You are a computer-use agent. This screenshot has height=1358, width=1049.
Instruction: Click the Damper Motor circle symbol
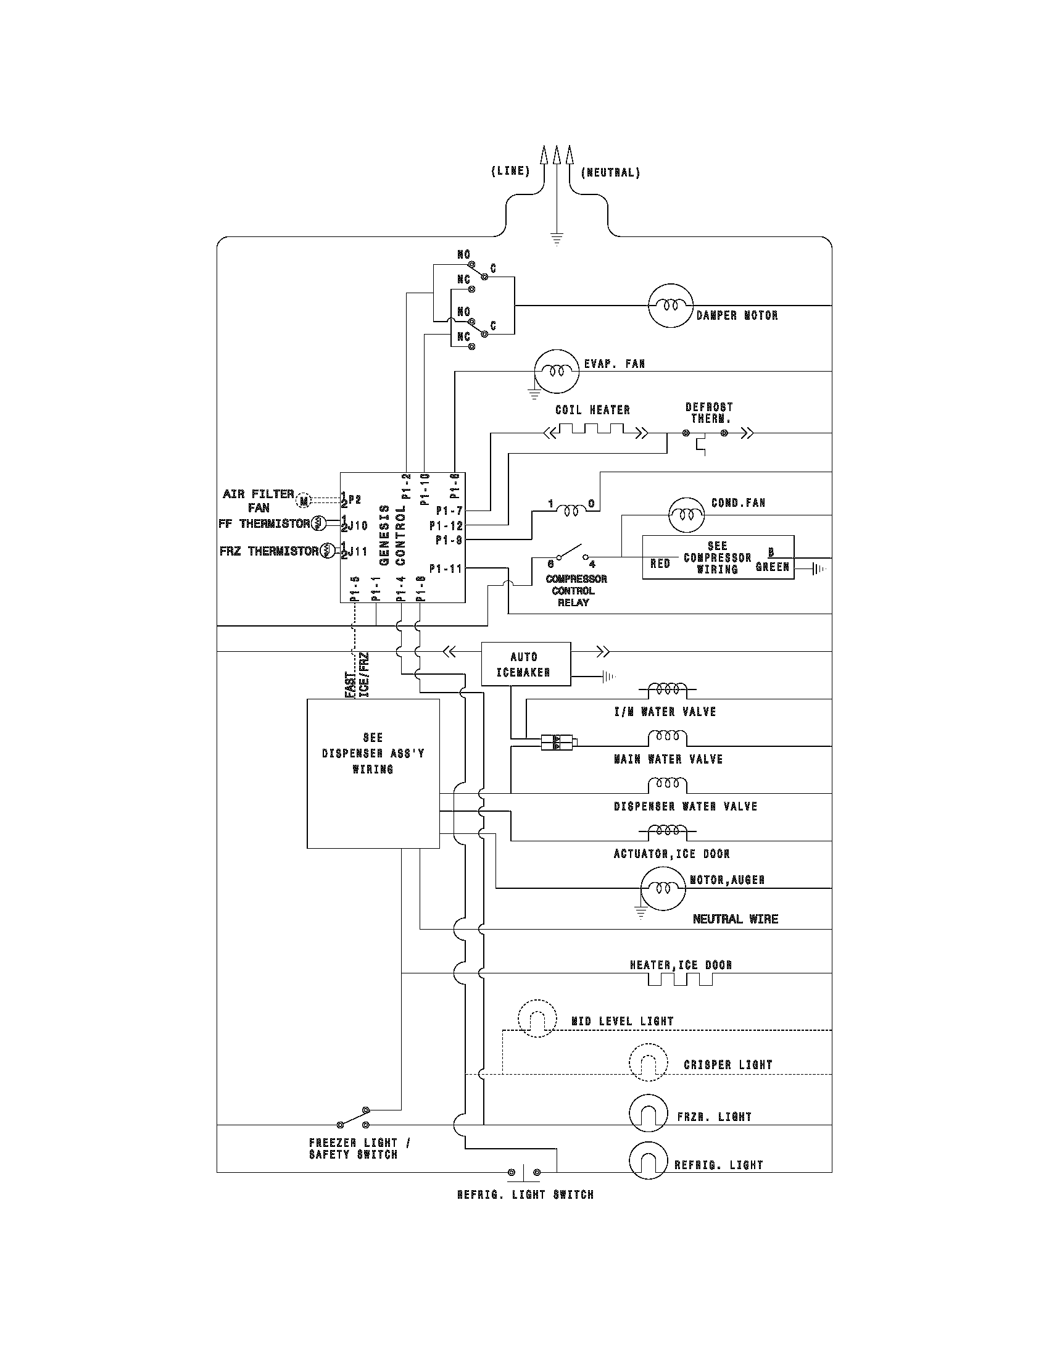click(670, 306)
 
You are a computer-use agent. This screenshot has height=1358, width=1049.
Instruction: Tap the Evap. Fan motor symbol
click(556, 371)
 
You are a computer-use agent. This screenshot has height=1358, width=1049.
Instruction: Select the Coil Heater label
click(592, 410)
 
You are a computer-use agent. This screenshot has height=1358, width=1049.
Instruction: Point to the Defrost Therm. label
click(709, 413)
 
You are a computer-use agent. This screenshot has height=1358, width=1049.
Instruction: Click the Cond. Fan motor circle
click(687, 515)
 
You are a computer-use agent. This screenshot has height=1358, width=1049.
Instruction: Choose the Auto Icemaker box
click(526, 664)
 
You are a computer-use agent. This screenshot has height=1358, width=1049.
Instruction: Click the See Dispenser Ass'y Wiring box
click(373, 773)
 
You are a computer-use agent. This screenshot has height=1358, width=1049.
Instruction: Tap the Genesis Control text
click(392, 535)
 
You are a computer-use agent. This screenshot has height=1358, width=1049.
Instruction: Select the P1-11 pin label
click(446, 569)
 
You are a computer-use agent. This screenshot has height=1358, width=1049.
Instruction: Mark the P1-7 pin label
click(449, 511)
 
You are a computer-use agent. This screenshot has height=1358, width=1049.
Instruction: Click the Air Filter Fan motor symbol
click(304, 500)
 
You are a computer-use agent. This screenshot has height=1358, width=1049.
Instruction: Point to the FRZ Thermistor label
click(268, 551)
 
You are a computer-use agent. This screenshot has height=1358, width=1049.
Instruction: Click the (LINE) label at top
click(510, 172)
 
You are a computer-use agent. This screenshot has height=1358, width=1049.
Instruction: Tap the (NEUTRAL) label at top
click(610, 173)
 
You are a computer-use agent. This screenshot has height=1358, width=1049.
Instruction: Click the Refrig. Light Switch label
click(525, 1194)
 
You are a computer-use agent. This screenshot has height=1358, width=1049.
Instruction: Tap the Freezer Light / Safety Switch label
click(359, 1149)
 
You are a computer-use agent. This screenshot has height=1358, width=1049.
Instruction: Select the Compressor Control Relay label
click(576, 590)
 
